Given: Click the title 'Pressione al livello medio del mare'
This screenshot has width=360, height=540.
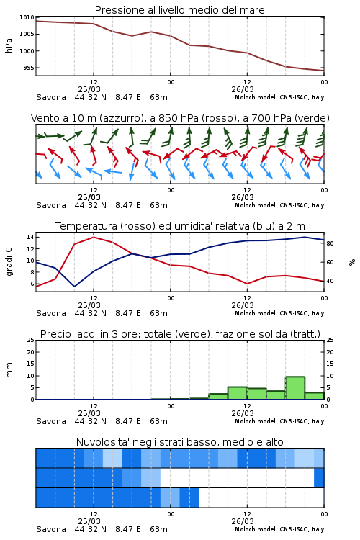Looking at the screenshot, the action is (179, 10).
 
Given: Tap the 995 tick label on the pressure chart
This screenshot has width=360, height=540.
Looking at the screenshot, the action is (29, 68).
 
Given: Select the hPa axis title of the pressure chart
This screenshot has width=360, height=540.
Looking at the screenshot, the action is (9, 46).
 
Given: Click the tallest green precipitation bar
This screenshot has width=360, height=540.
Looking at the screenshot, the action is (295, 388).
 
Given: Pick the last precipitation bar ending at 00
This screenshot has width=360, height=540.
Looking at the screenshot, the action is (315, 396).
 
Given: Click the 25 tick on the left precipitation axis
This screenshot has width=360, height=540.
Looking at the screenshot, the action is (31, 340).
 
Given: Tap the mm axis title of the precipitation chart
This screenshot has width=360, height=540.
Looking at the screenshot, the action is (9, 370).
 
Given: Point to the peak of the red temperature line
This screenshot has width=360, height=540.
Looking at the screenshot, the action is (94, 237).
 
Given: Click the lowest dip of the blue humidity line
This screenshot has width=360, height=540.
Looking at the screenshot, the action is (74, 286).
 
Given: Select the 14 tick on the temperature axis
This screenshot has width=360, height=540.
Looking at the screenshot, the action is (30, 237).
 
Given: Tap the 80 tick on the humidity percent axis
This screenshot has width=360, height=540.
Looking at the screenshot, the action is (330, 243).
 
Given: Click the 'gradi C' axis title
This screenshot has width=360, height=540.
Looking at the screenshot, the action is (9, 261).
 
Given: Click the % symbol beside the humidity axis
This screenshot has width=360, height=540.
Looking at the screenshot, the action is (352, 262).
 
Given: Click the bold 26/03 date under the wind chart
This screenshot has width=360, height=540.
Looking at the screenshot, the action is (243, 197).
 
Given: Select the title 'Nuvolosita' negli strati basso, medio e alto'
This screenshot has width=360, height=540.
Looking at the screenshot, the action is (179, 442).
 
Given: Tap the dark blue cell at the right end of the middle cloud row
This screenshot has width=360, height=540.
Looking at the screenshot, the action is (319, 477).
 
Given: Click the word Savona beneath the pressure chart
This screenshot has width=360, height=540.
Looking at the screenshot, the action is (51, 97).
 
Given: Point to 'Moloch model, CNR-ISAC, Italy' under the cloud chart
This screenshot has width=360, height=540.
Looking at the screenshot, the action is (279, 529).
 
